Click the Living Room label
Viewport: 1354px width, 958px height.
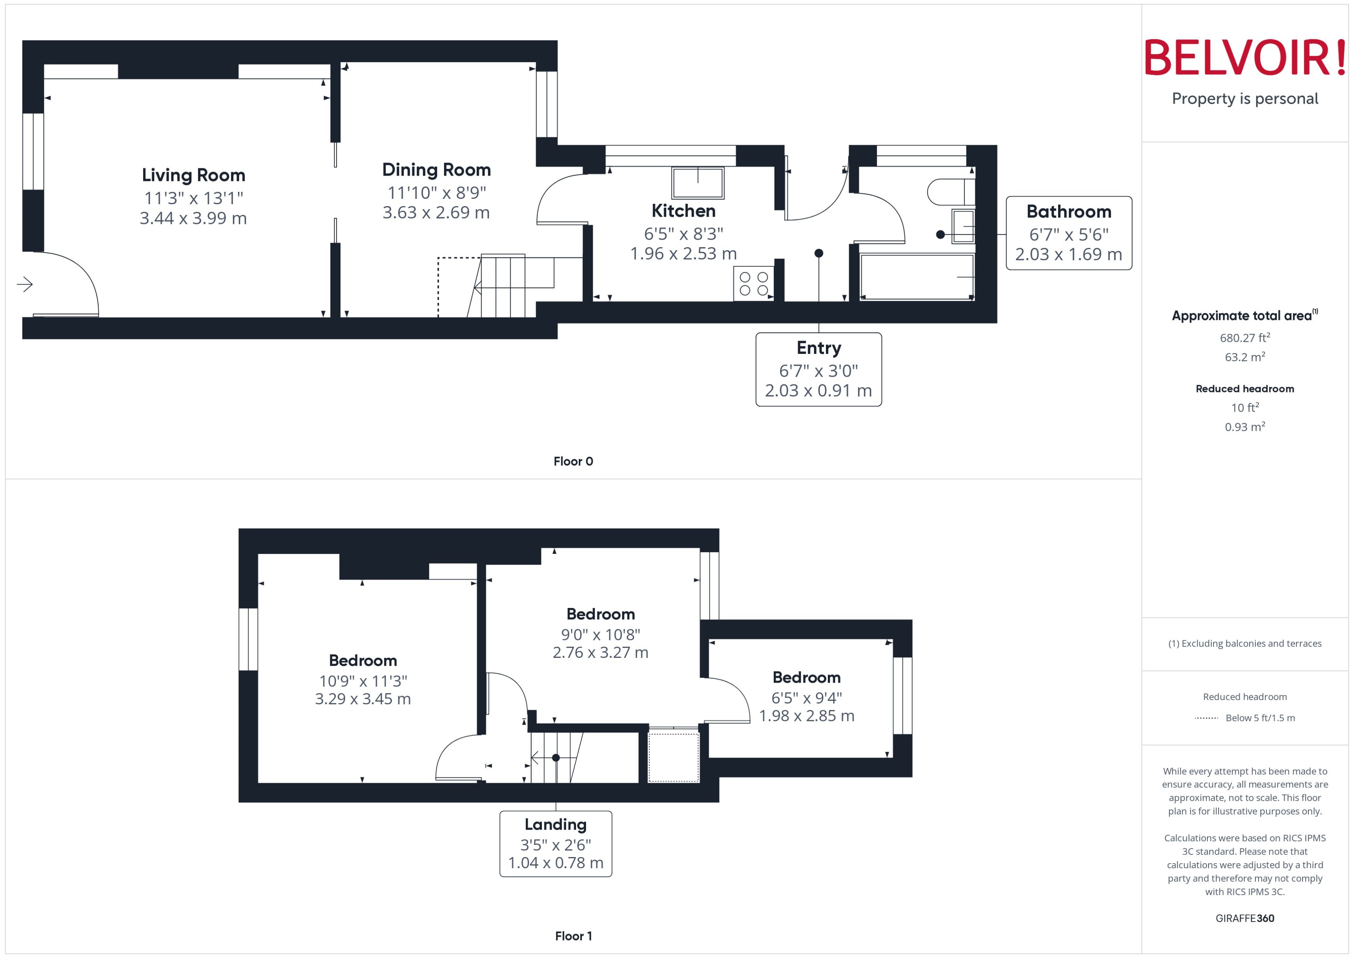coord(193,175)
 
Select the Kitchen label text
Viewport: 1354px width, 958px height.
coord(683,211)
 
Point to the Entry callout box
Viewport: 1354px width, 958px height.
coord(818,369)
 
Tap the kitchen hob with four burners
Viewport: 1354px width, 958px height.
coord(753,284)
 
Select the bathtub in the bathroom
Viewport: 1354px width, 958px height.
coord(916,277)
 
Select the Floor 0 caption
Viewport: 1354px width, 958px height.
coord(573,462)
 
